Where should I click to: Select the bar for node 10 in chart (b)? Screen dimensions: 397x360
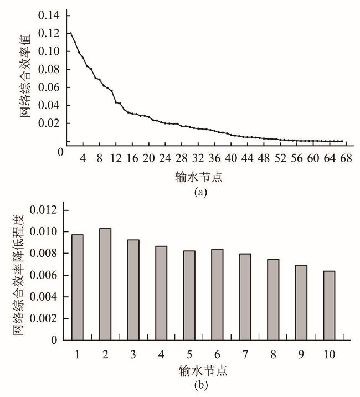[328, 305]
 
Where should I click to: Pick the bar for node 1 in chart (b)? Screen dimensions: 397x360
[77, 287]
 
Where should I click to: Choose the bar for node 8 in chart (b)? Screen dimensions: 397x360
[272, 300]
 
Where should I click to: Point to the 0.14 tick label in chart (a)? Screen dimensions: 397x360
[48, 16]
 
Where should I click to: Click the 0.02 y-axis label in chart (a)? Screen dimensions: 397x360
[48, 123]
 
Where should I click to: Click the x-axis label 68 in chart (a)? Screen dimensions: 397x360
[347, 158]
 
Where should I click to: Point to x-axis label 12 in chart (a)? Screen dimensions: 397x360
[116, 158]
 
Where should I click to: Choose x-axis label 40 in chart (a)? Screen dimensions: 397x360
[232, 158]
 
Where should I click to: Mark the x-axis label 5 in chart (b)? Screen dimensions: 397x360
[189, 353]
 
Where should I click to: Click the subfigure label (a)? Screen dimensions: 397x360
[200, 192]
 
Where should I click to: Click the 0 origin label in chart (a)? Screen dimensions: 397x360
[60, 151]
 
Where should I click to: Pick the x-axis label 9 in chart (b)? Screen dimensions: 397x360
[301, 353]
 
